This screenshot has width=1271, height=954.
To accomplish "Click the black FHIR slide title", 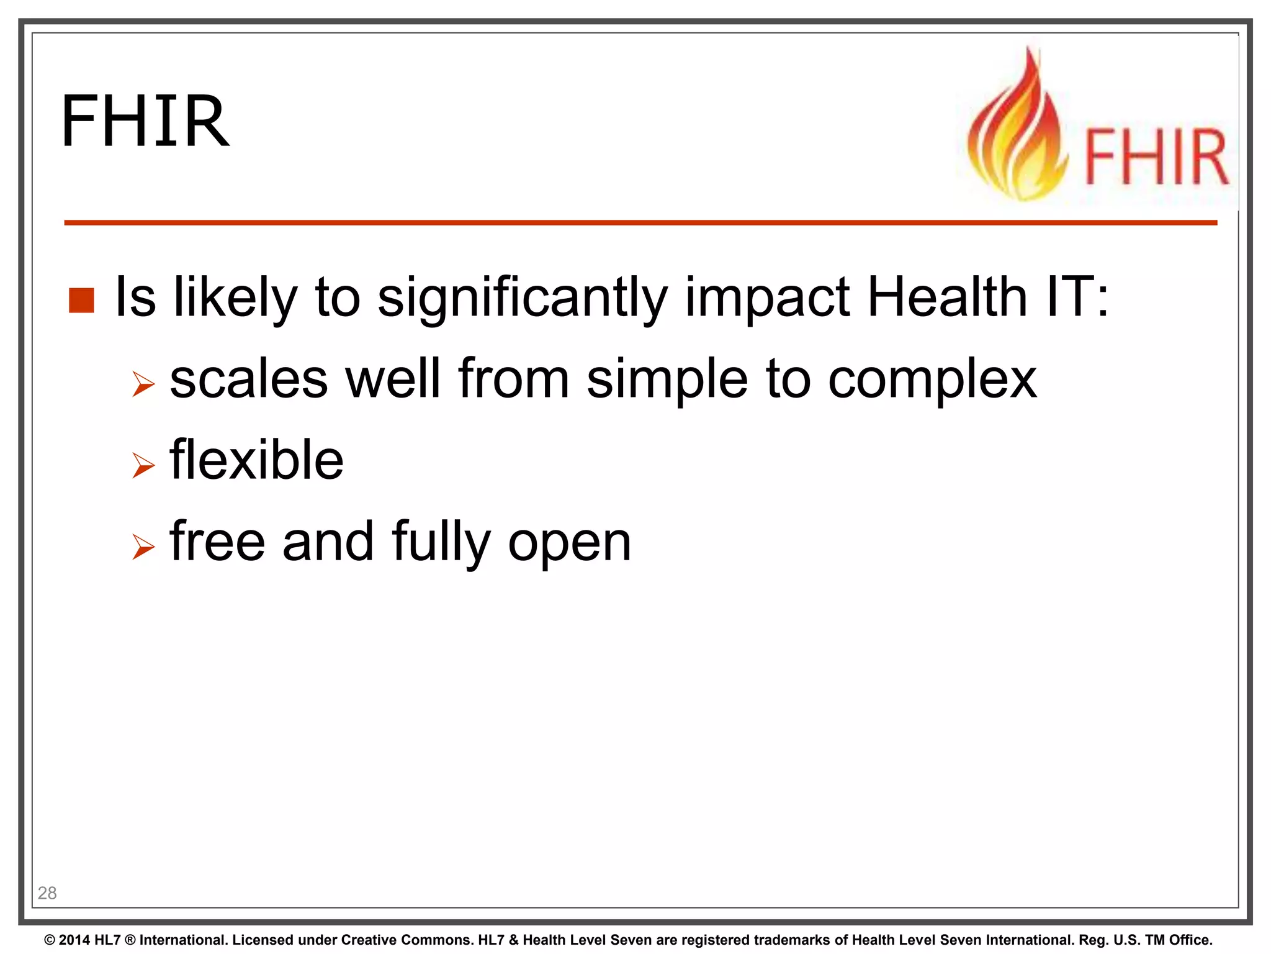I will [x=145, y=121].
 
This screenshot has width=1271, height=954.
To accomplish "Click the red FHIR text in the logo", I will [x=1156, y=157].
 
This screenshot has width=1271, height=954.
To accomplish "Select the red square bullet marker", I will [x=81, y=300].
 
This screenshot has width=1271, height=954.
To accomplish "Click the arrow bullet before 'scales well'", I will [x=143, y=384].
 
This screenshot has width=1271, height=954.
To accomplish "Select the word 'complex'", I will [x=932, y=380].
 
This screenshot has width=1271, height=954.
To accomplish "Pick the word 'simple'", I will [x=667, y=380].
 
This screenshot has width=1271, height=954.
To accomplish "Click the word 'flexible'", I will [x=256, y=460].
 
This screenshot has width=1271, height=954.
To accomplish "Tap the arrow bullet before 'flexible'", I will [x=143, y=466].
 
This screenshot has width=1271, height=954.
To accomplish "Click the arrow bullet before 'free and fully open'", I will [x=143, y=547].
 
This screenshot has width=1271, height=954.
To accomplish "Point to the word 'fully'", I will [x=441, y=542].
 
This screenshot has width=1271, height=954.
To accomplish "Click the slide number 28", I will [x=47, y=893].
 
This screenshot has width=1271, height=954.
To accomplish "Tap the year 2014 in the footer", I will [x=74, y=940].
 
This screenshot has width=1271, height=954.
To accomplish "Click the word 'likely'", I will [x=235, y=298].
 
